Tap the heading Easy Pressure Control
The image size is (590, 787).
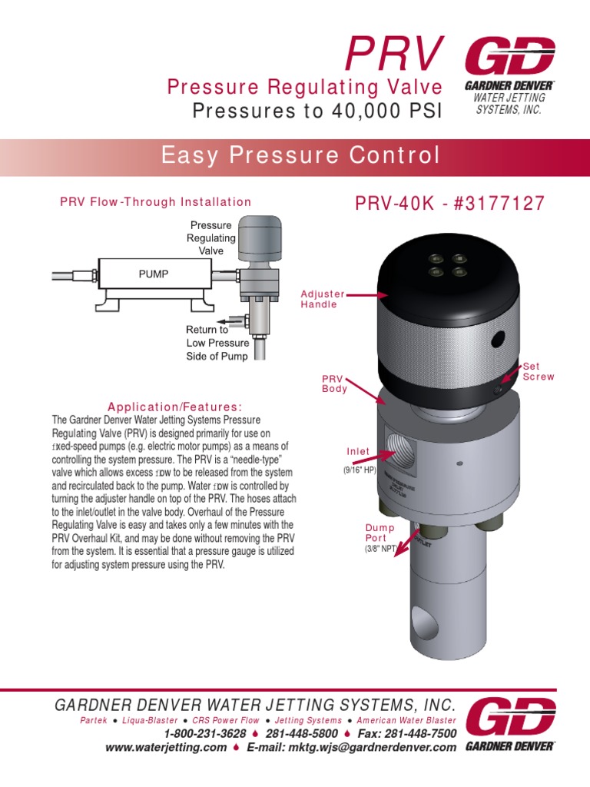(x=300, y=156)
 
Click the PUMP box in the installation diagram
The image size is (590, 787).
(x=154, y=273)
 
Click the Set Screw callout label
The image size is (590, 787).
(x=538, y=371)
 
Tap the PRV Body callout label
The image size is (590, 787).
(x=335, y=384)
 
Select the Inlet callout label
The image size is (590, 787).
(x=357, y=452)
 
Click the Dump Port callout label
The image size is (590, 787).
(x=380, y=533)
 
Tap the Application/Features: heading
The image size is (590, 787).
(x=174, y=406)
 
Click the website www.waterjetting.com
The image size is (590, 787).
(x=166, y=748)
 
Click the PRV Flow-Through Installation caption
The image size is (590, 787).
(x=155, y=202)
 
